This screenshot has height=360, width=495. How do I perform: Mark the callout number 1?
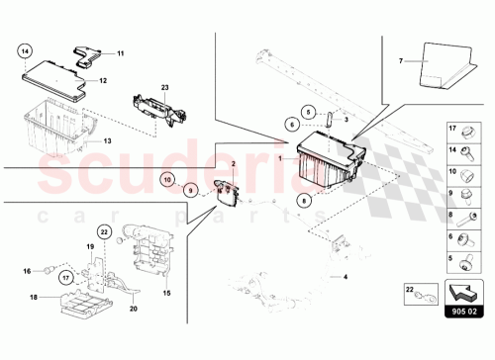pyautogui.click(x=280, y=156)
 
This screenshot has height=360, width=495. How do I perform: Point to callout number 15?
pyautogui.click(x=165, y=292)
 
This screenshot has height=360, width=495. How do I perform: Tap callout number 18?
pyautogui.click(x=33, y=297)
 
